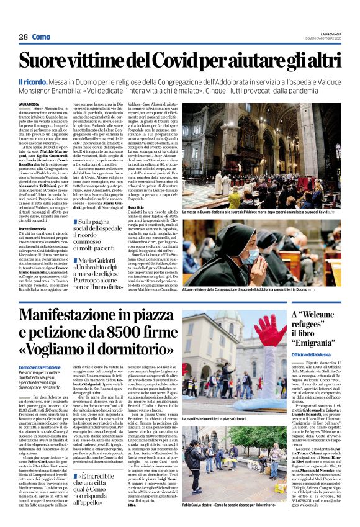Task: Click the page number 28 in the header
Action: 24,37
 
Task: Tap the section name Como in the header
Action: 41,37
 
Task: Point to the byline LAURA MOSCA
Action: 29,105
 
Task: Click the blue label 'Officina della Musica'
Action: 313,354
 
